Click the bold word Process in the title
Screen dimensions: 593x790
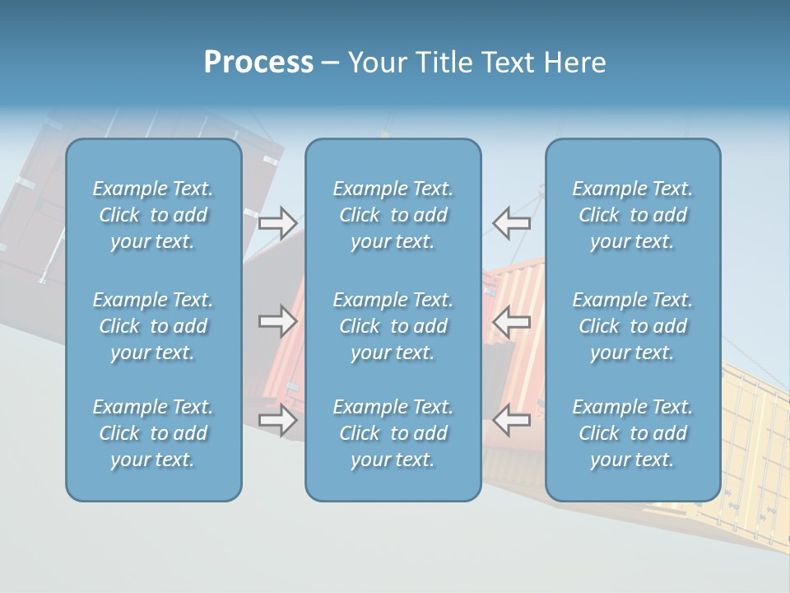point(258,63)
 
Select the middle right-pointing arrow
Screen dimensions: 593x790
point(277,320)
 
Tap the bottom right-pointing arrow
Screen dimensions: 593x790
point(277,420)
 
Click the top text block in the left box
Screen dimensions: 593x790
point(153,215)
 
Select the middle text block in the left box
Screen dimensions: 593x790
point(153,326)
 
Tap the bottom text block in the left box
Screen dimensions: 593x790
point(153,433)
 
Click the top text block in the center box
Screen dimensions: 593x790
point(393,215)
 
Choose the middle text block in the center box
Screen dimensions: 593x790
point(393,326)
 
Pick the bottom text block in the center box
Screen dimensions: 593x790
point(393,433)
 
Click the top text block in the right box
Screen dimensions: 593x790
point(633,215)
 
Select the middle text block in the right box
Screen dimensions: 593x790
point(633,326)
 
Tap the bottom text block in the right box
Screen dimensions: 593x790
point(633,433)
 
